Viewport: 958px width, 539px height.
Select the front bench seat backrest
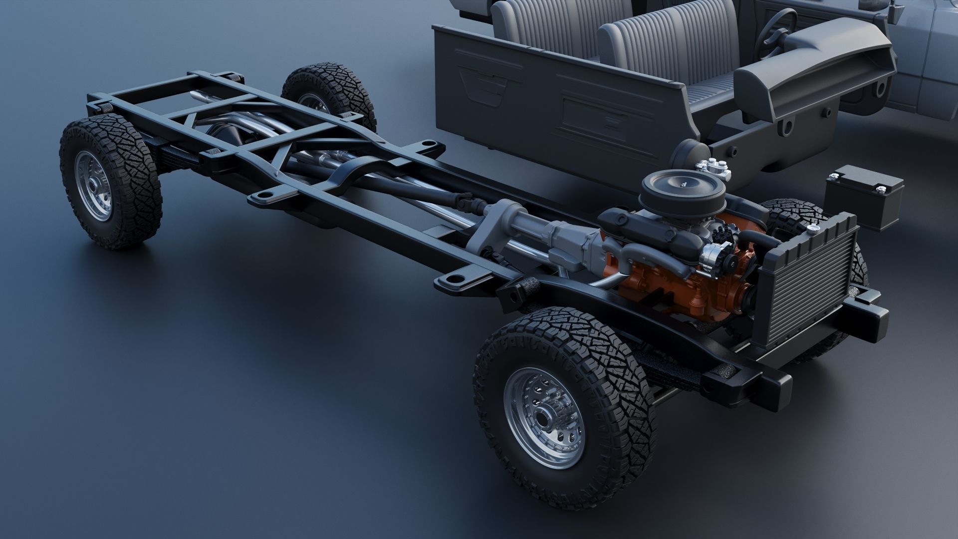pyautogui.click(x=664, y=45)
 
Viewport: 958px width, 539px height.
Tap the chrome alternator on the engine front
pyautogui.click(x=714, y=255)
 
